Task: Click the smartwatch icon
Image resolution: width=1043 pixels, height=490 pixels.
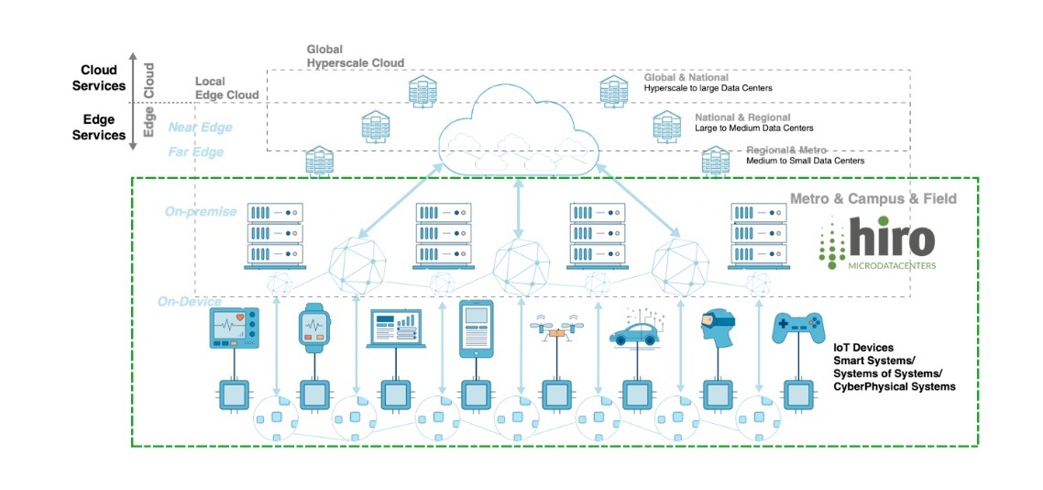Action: (313, 329)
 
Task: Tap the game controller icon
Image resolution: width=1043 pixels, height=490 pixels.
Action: (798, 329)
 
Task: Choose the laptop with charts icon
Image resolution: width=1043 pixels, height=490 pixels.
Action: (393, 329)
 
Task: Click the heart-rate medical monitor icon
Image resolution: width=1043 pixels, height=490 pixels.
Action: (235, 329)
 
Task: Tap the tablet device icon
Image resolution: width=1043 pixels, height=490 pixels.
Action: (476, 329)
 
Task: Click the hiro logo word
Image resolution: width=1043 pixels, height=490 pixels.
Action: (891, 239)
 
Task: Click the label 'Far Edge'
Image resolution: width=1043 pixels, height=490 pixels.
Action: (196, 152)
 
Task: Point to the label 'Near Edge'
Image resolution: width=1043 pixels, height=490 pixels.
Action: (200, 128)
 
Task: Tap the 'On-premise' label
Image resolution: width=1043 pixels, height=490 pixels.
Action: (201, 212)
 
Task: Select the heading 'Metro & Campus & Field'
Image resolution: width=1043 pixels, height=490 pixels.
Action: (873, 198)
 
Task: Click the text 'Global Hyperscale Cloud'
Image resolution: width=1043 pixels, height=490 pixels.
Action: (356, 56)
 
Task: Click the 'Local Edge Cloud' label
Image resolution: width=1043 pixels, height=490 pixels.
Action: (227, 88)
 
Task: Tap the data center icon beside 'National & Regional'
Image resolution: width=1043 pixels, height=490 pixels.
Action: (666, 127)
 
